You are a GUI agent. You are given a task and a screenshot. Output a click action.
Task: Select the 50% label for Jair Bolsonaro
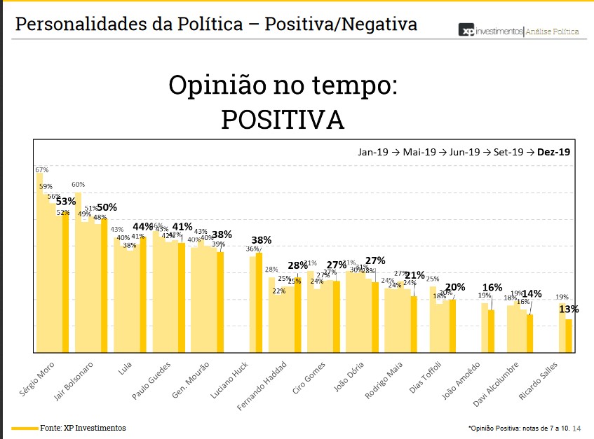click(106, 207)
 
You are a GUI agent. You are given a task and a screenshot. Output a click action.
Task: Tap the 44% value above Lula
click(143, 227)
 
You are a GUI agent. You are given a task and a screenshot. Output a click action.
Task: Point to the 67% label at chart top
click(41, 169)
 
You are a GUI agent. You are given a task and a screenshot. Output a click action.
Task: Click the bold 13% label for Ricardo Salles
click(568, 309)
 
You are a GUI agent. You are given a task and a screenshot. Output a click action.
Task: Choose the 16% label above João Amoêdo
click(492, 287)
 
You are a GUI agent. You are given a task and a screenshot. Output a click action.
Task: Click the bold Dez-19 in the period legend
click(553, 151)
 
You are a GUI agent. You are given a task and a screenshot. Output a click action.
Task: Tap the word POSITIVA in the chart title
click(283, 120)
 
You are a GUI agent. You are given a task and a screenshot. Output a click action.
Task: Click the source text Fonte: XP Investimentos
click(83, 428)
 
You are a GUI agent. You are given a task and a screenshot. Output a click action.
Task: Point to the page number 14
click(577, 428)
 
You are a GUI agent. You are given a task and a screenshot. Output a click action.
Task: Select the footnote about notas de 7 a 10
click(518, 428)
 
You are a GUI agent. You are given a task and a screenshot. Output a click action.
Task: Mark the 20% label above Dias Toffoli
click(454, 287)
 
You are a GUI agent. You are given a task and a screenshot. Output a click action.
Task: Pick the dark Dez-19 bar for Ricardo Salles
click(569, 335)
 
